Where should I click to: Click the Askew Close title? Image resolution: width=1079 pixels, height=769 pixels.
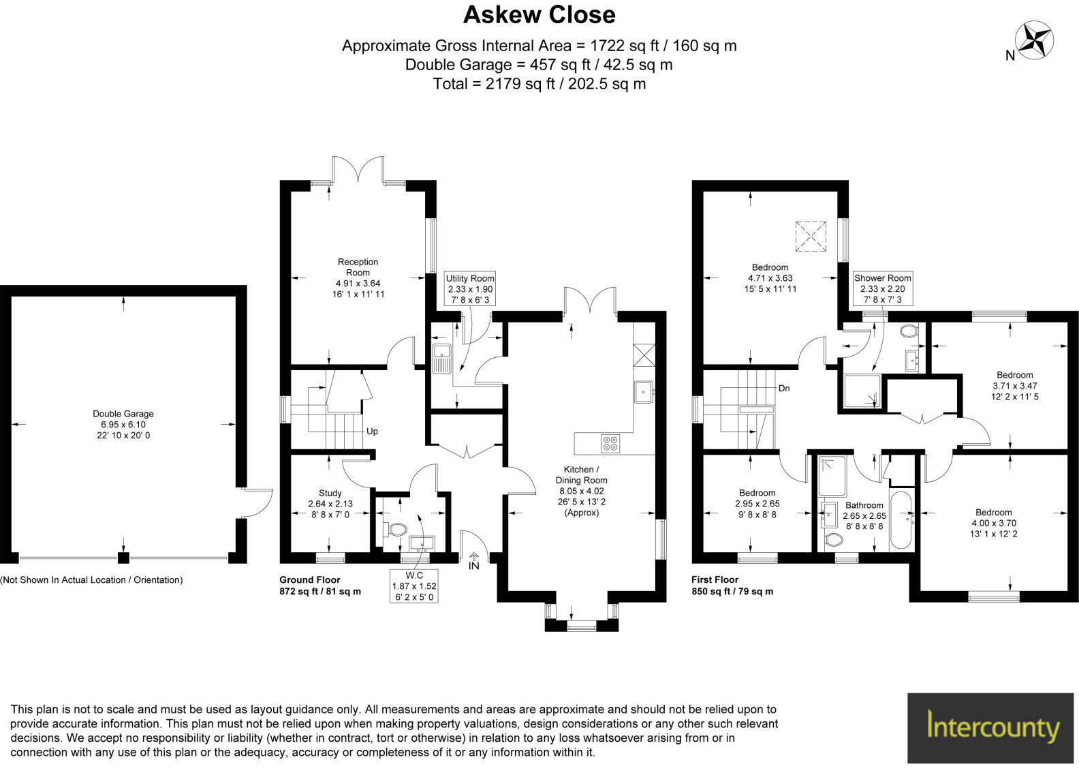[x=539, y=15]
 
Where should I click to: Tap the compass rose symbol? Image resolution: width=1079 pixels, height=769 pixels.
[x=1034, y=40]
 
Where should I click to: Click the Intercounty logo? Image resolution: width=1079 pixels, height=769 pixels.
[x=993, y=727]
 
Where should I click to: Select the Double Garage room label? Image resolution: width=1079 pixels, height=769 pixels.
[x=123, y=424]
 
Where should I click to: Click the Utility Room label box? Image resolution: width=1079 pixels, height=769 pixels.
[x=470, y=289]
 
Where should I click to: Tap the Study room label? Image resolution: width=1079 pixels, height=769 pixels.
[x=330, y=504]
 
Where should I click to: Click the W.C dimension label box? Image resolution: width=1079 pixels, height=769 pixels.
[x=414, y=586]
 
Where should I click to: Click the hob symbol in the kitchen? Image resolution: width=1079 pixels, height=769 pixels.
[x=610, y=443]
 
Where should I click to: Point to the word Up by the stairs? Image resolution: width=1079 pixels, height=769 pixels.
[x=372, y=432]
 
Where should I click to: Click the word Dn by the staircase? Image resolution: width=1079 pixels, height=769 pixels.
[x=784, y=388]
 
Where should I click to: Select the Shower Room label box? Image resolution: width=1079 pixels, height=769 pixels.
[x=883, y=289]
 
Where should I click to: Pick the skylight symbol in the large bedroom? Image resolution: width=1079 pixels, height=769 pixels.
[x=812, y=237]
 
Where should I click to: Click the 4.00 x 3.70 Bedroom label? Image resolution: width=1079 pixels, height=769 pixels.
[x=993, y=523]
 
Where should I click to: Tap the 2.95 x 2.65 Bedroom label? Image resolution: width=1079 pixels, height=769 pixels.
[x=757, y=503]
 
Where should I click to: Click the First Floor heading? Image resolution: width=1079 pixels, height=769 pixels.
[x=715, y=579]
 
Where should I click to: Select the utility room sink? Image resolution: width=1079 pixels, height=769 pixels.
[x=442, y=359]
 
